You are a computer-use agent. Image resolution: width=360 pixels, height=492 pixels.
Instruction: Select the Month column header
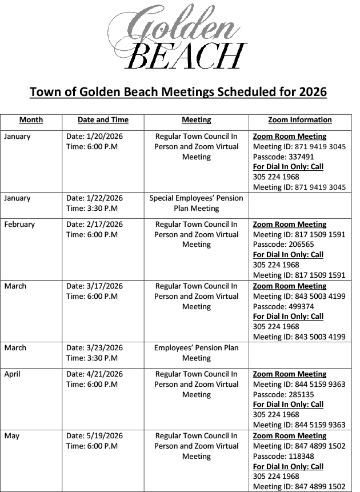point(31,120)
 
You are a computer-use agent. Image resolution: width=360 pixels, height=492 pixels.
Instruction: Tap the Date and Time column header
point(103,120)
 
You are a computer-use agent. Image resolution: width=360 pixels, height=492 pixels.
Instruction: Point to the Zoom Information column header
point(299,120)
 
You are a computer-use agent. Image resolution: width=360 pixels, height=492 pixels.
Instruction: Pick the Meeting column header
point(196,120)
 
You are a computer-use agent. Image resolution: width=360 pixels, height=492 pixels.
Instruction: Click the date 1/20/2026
point(104,137)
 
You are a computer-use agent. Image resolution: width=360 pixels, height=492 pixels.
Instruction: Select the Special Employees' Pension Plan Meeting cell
point(196,203)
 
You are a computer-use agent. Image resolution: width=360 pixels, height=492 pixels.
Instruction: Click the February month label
point(19,225)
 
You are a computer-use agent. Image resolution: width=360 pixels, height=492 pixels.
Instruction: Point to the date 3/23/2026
point(104,348)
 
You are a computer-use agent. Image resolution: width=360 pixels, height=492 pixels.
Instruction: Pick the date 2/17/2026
point(104,225)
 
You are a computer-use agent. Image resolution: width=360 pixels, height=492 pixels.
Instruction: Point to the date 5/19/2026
point(104,436)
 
